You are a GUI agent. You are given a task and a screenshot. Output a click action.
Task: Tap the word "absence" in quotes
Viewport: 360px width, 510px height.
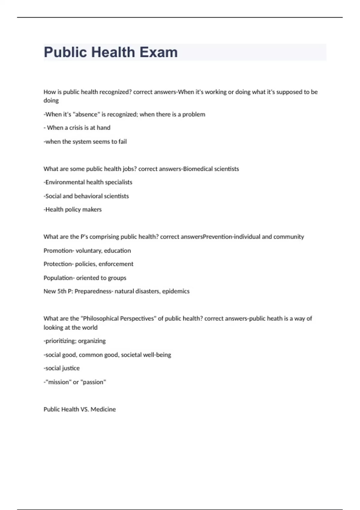86,114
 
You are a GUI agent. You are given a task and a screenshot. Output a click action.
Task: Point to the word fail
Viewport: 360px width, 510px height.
122,142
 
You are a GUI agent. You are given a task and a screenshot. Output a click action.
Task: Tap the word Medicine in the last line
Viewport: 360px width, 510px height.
103,409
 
